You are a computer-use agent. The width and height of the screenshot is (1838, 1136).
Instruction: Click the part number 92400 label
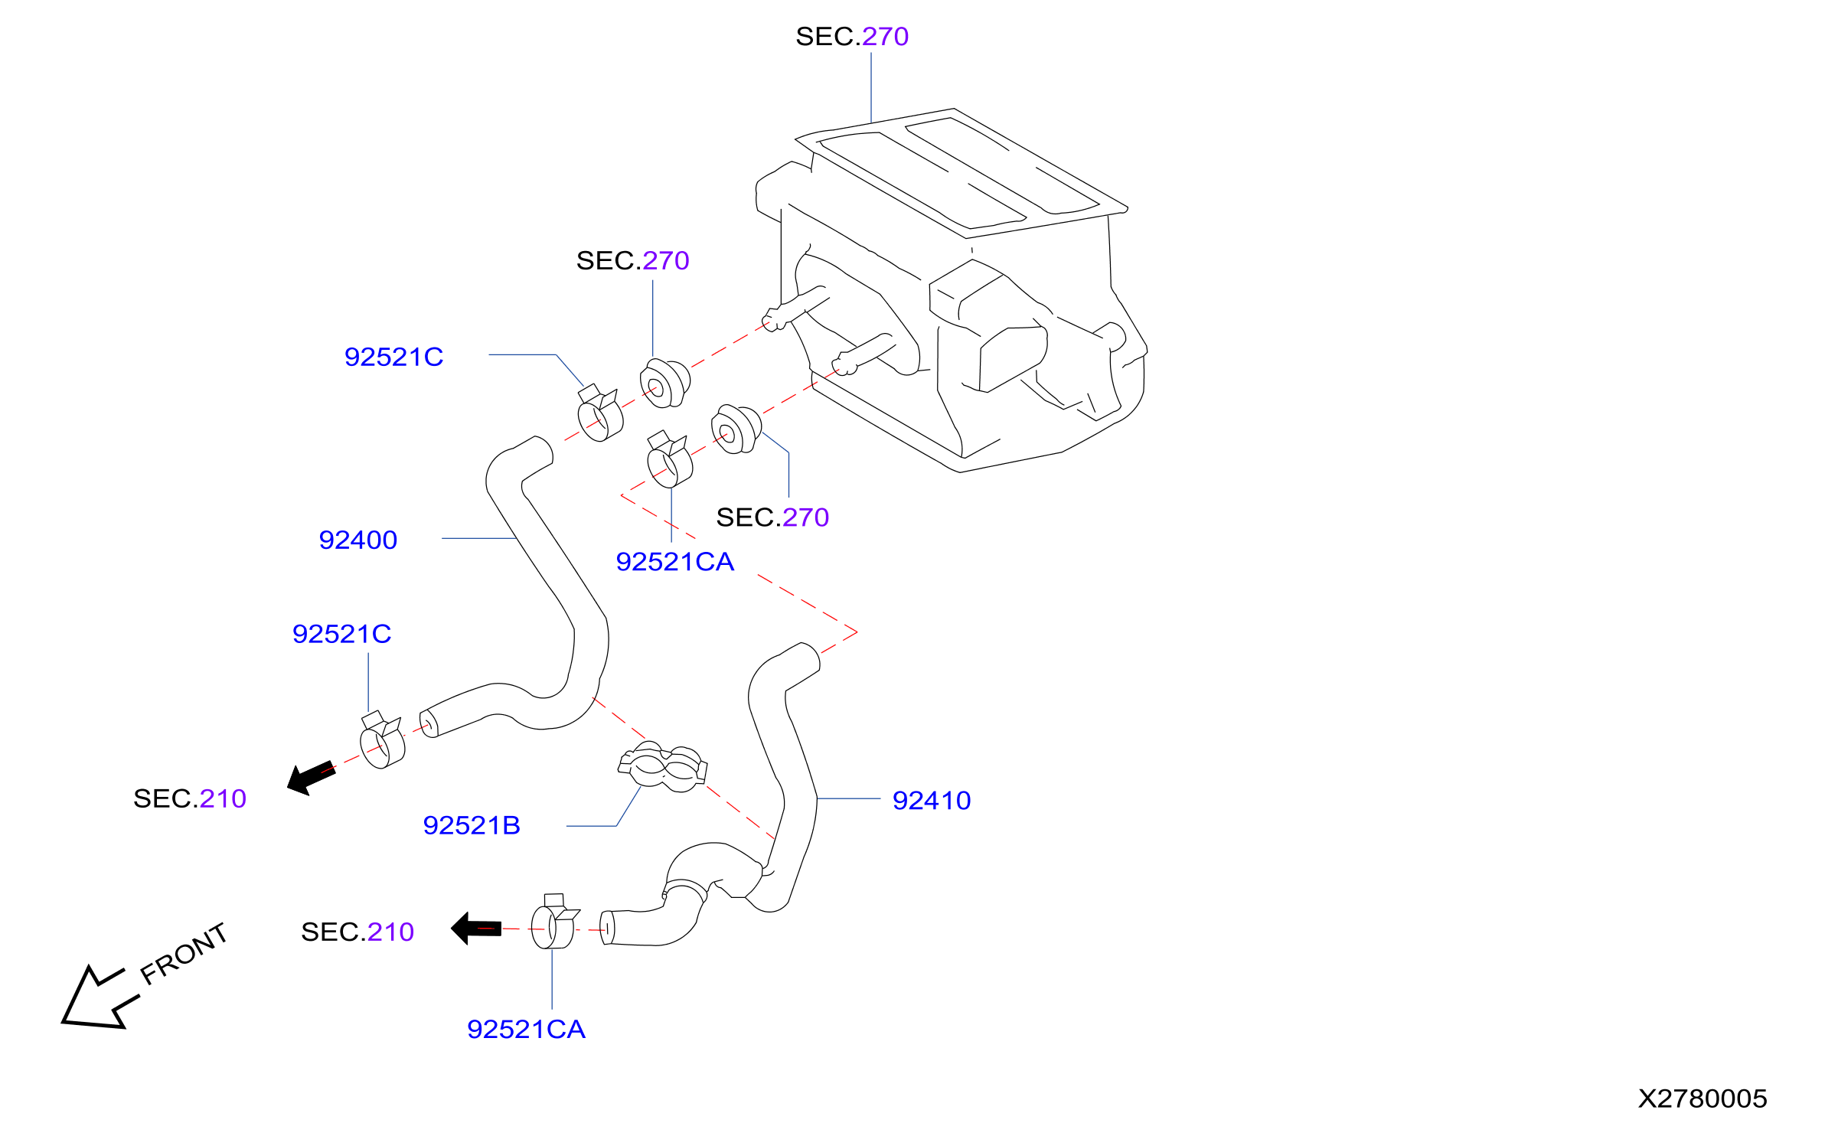tap(357, 540)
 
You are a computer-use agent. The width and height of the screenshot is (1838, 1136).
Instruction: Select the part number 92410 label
tap(932, 801)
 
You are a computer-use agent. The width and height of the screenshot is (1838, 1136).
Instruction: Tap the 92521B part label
tap(472, 826)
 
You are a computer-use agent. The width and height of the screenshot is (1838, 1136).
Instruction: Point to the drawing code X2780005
tap(1703, 1099)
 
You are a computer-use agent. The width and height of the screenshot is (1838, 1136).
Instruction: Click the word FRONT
tap(184, 953)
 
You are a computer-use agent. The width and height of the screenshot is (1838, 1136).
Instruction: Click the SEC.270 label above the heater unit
tap(852, 37)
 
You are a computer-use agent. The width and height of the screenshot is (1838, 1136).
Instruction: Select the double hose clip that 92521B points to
tap(663, 766)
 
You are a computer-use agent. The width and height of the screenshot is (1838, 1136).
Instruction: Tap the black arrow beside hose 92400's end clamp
tap(311, 778)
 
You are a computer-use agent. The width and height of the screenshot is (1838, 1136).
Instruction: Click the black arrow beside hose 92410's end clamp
tap(476, 929)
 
